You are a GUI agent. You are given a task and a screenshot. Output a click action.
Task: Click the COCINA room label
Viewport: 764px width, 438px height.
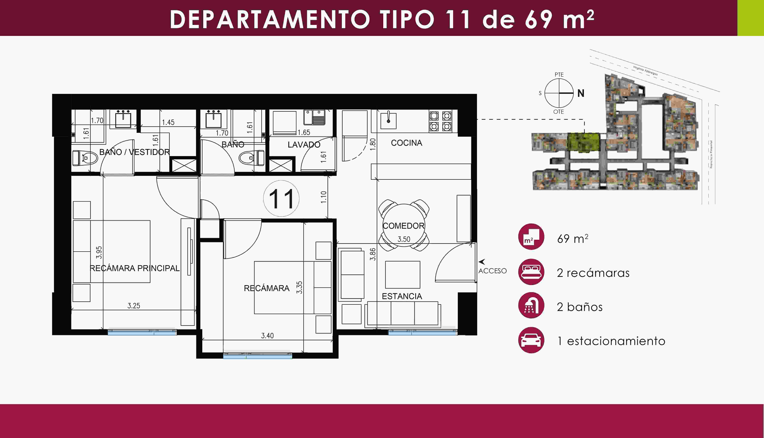(406, 143)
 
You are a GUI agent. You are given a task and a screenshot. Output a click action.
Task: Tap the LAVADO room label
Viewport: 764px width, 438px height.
(304, 145)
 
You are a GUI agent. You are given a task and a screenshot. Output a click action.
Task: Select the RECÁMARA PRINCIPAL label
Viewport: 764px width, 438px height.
(135, 268)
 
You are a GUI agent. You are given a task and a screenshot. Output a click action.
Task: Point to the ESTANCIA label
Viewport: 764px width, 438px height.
(402, 296)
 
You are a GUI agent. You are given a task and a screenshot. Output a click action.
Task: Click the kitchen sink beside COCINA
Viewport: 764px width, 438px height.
(388, 120)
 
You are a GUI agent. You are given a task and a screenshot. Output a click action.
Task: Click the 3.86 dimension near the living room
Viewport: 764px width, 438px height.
(373, 254)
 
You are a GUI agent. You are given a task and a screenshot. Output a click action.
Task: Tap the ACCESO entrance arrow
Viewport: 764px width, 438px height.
(482, 262)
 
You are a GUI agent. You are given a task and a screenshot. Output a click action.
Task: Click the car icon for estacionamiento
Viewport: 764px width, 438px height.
(531, 340)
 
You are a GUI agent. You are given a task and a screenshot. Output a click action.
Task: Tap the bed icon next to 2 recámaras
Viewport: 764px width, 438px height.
(531, 272)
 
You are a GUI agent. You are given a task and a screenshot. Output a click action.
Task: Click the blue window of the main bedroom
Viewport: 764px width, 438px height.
(142, 332)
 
